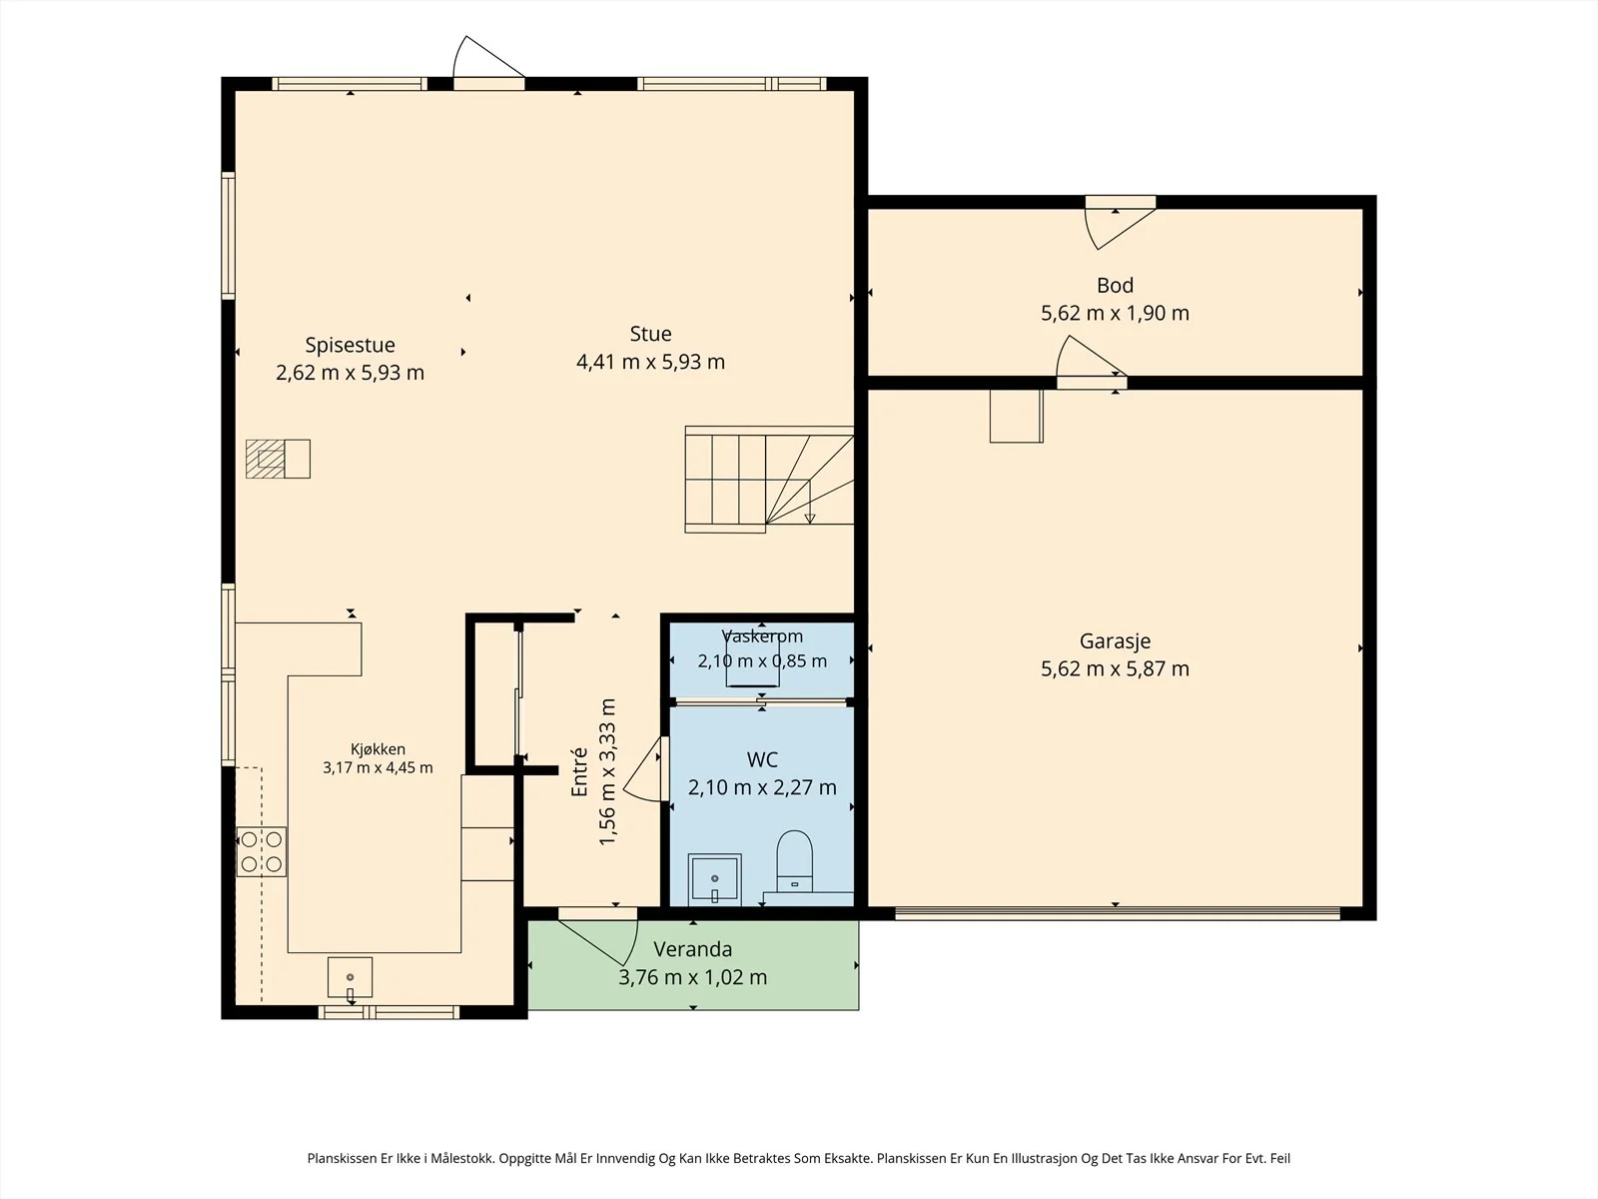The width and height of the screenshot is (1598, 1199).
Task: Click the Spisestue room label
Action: tap(350, 345)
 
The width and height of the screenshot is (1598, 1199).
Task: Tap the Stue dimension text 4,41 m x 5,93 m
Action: tap(650, 362)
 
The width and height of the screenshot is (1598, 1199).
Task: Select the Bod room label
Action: tap(1115, 286)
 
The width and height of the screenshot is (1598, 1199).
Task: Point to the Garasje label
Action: tap(1115, 641)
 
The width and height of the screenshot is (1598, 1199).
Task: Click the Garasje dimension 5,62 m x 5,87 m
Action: tap(1115, 669)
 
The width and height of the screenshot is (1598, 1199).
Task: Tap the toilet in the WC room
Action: tap(794, 861)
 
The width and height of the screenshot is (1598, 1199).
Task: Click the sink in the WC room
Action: tap(714, 879)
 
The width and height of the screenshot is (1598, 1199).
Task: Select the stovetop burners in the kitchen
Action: tap(262, 851)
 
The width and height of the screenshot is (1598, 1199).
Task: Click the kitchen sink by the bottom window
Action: tap(350, 977)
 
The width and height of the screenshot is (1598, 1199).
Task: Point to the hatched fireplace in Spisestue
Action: tap(278, 459)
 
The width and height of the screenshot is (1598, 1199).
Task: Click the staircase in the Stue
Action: tap(769, 479)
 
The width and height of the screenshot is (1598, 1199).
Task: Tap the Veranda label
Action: tap(692, 949)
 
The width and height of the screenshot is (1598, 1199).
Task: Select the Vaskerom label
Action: tap(762, 636)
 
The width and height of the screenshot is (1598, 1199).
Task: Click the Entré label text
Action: tap(578, 771)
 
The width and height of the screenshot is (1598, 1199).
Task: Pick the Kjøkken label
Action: tap(378, 749)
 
